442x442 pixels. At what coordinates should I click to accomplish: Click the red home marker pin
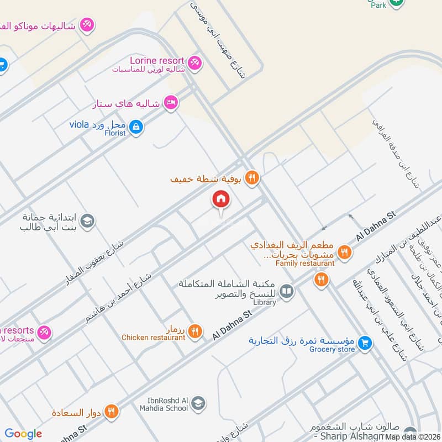pos(221,199)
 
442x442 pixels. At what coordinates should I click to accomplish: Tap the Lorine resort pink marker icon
pos(194,63)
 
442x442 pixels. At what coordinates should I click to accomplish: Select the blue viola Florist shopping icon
pos(137,128)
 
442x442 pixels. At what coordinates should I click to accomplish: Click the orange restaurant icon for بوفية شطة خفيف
pos(252,178)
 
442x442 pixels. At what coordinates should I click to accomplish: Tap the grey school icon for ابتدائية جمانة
pos(87,222)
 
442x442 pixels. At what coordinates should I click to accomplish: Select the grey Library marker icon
pos(286,291)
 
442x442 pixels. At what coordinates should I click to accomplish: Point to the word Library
pos(265,302)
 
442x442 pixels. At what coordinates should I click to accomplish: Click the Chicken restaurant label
pos(154,337)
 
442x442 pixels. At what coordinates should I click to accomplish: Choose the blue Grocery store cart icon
pos(364,344)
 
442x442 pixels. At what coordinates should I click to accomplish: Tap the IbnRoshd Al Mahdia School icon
pos(198,404)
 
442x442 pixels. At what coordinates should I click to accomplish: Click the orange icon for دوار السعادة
pos(112,411)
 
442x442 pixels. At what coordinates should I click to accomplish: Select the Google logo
pos(23,434)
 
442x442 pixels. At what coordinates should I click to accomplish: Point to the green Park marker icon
pos(396,3)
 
